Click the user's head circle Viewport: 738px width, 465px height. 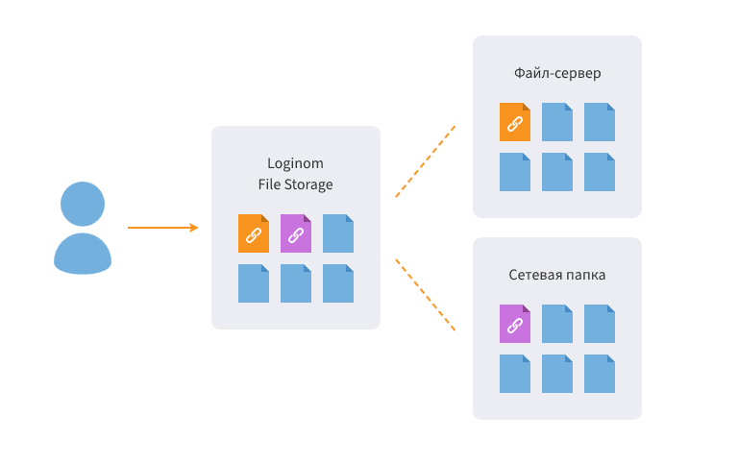pyautogui.click(x=83, y=204)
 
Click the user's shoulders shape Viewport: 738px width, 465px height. pyautogui.click(x=83, y=255)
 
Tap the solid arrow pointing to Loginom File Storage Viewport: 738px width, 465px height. pyautogui.click(x=162, y=228)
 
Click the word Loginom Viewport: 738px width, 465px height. pyautogui.click(x=295, y=163)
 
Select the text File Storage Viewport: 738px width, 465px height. pyautogui.click(x=295, y=184)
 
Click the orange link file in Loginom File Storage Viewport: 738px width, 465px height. pyautogui.click(x=254, y=233)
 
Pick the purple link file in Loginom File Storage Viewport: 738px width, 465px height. pyautogui.click(x=296, y=233)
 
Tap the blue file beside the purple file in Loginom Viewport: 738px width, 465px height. pyautogui.click(x=338, y=233)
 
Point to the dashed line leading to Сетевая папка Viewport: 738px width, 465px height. pyautogui.click(x=425, y=294)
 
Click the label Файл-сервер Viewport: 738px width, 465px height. pyautogui.click(x=557, y=73)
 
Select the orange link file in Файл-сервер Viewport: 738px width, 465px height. pyautogui.click(x=515, y=122)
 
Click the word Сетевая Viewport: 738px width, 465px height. pyautogui.click(x=533, y=275)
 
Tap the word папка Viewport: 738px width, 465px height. pyautogui.click(x=584, y=275)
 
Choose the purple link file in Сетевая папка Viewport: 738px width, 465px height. pyautogui.click(x=515, y=324)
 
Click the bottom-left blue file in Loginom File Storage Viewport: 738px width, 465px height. pyautogui.click(x=254, y=283)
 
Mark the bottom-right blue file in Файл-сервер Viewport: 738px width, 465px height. pyautogui.click(x=600, y=172)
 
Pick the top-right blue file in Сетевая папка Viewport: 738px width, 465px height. pyautogui.click(x=600, y=324)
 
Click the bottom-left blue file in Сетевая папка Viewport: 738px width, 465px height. pyautogui.click(x=515, y=374)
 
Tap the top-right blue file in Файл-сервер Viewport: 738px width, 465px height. pyautogui.click(x=600, y=122)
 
